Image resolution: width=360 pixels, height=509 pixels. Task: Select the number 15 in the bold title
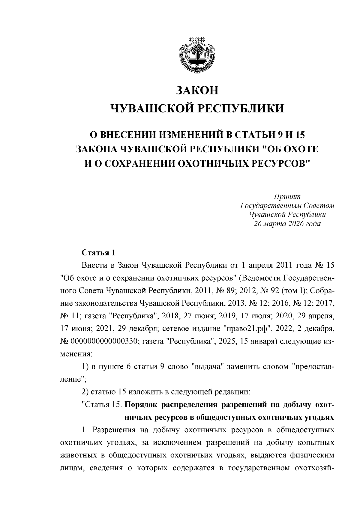[299, 135]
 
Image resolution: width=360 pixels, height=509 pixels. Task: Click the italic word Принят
[287, 196]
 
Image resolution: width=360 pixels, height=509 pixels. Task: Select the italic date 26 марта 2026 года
[287, 224]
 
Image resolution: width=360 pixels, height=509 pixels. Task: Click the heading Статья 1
[98, 252]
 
